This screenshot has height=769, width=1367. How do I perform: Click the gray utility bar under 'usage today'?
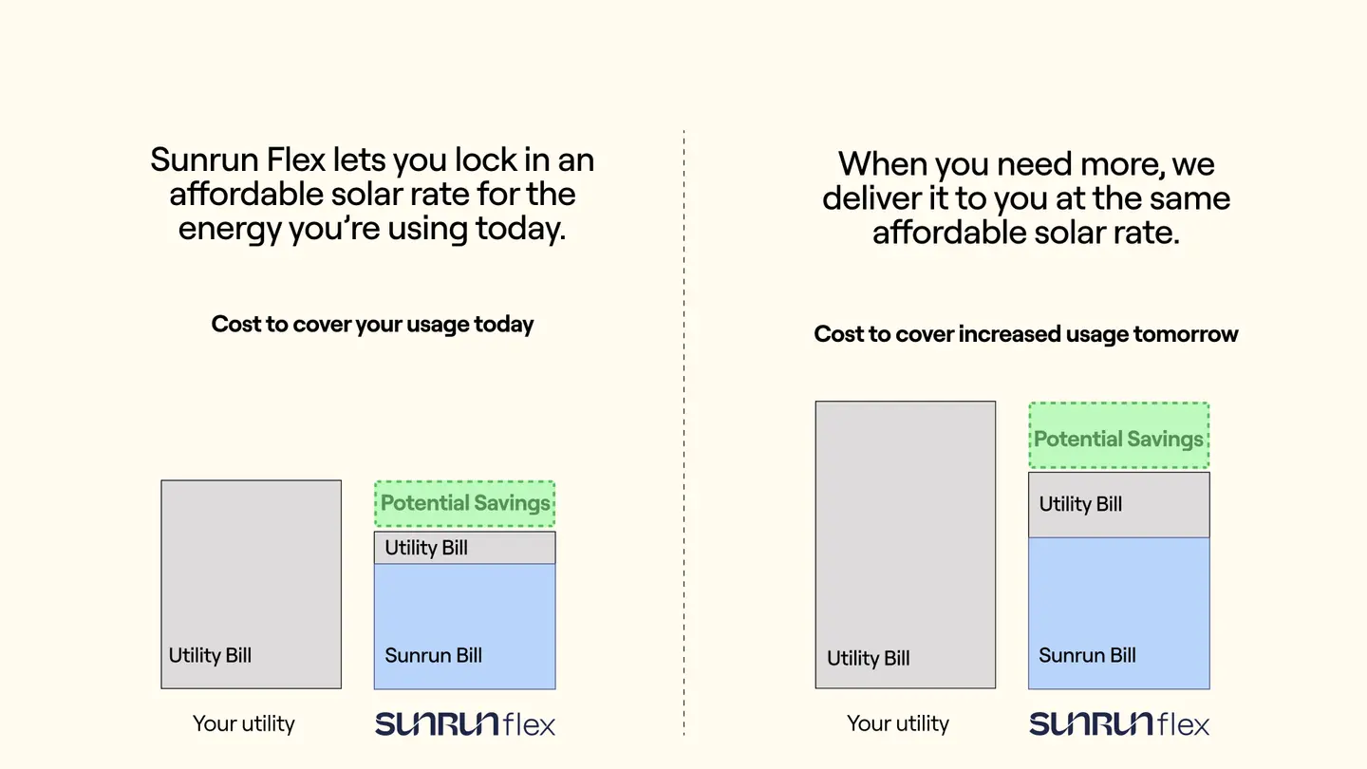[251, 584]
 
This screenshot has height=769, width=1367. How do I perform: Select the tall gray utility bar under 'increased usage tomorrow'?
[905, 544]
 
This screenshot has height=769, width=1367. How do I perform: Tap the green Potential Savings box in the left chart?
[464, 503]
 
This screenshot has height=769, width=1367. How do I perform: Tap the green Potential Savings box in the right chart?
[1118, 436]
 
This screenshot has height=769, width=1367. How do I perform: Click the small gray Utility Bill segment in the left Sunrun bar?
[464, 548]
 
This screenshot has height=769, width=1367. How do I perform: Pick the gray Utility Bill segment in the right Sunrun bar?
[1118, 505]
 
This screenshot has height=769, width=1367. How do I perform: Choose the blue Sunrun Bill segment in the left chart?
[464, 627]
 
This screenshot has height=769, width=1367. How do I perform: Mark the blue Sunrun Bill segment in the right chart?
[1118, 613]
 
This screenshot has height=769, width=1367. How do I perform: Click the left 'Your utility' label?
[243, 723]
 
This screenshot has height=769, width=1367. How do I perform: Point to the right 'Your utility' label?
[898, 723]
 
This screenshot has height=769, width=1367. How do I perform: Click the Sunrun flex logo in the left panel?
[465, 723]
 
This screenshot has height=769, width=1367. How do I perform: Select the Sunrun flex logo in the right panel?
[1119, 723]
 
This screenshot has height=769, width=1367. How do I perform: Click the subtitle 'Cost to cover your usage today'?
[372, 324]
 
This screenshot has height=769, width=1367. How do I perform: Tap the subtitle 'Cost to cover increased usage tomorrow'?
[1026, 334]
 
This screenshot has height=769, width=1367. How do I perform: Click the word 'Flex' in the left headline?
[296, 159]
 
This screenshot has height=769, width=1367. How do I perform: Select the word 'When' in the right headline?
[883, 164]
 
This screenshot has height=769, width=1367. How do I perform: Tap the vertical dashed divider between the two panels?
[683, 433]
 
